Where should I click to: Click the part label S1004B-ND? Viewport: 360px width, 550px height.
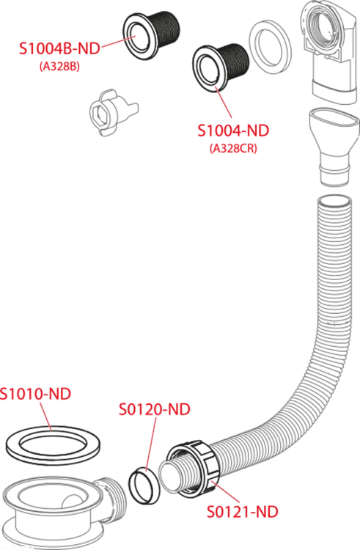pos(59,48)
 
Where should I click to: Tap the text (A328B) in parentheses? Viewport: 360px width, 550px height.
pos(59,66)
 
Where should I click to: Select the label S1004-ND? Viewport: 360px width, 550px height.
pos(233,131)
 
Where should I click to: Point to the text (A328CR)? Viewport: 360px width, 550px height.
pos(233,148)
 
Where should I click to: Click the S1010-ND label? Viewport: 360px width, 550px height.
pos(35,394)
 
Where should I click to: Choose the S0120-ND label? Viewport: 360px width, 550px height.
pos(155,409)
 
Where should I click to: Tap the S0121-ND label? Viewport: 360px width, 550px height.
pos(243,512)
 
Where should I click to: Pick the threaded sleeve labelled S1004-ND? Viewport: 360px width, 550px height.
pos(220,67)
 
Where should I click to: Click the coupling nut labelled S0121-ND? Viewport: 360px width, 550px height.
pos(194,469)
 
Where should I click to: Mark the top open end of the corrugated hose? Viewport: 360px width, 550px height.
pos(334,202)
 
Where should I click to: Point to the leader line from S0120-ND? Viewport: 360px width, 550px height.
pos(151,444)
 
